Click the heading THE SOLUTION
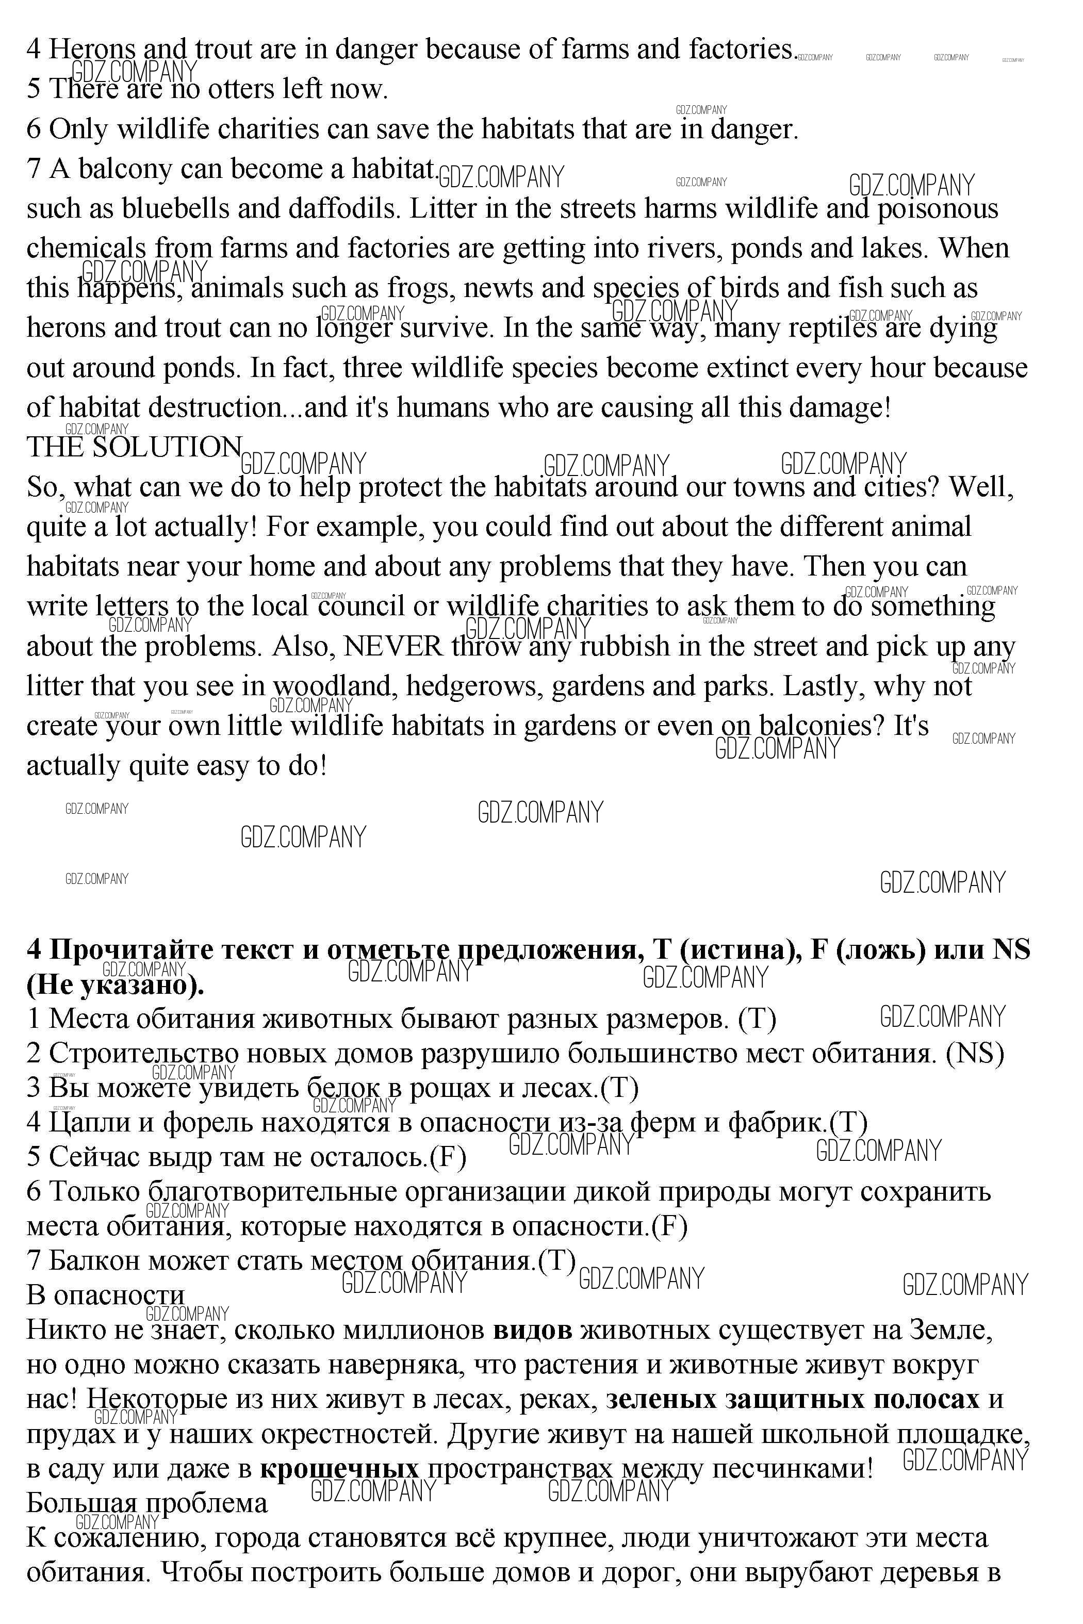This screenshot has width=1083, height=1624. pos(134,448)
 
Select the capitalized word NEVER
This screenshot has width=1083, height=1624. pos(393,646)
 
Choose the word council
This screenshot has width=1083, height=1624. pos(360,607)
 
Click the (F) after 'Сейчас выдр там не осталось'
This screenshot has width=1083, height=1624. pos(448,1157)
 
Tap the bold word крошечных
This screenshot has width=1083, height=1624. pos(339,1468)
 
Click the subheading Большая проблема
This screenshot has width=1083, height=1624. pos(146,1502)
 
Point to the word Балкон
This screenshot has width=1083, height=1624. pos(94,1261)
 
